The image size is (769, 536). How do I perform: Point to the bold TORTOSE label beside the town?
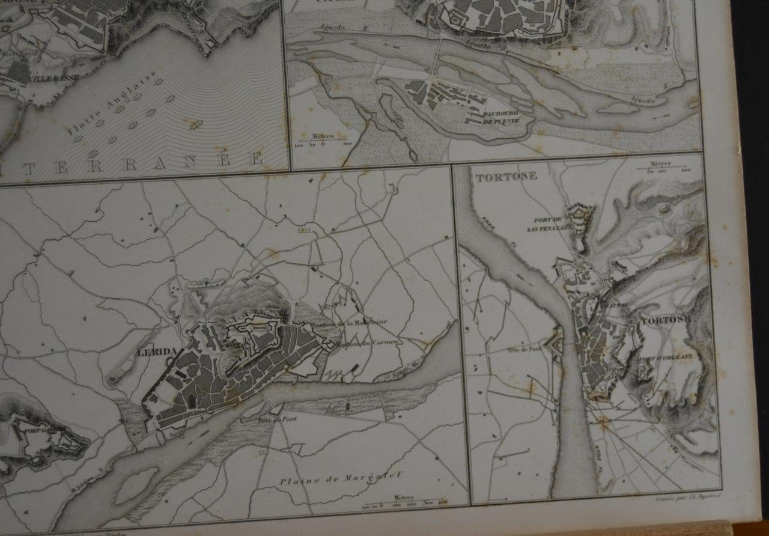pyautogui.click(x=666, y=320)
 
